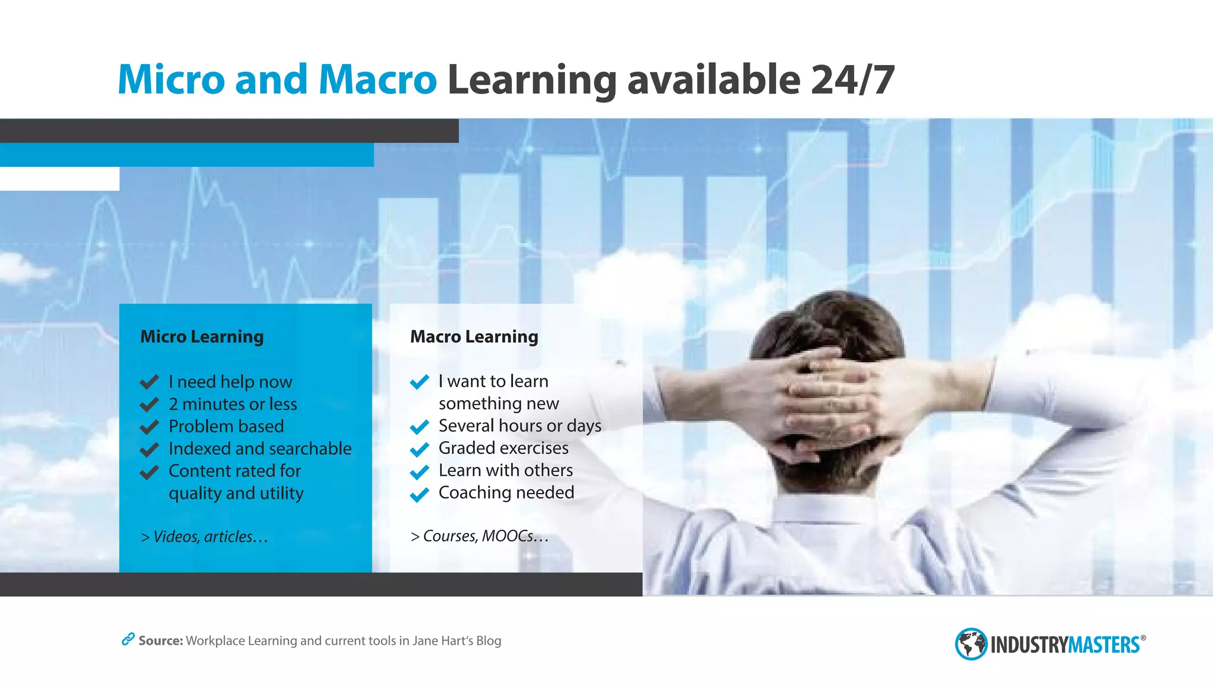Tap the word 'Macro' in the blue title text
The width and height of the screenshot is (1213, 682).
click(377, 80)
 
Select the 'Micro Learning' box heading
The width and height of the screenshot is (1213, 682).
click(202, 336)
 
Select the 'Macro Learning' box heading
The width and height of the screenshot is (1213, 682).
click(474, 336)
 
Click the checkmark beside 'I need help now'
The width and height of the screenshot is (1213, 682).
click(149, 382)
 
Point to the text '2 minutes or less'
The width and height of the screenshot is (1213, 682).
click(233, 404)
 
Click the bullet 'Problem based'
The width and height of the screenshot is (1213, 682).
click(226, 426)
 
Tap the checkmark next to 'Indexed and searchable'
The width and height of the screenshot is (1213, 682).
click(149, 449)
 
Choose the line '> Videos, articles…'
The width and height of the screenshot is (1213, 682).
click(204, 536)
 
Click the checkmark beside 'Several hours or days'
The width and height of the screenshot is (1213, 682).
click(419, 427)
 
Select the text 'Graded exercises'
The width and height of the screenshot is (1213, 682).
click(503, 448)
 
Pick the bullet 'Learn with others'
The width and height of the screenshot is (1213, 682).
click(505, 470)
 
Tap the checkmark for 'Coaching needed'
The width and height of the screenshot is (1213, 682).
click(419, 494)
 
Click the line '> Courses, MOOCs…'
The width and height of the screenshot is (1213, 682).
click(479, 536)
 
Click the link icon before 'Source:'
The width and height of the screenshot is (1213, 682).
click(127, 639)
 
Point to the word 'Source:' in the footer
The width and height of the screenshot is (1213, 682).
click(161, 641)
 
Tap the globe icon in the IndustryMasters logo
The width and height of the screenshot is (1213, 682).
click(971, 644)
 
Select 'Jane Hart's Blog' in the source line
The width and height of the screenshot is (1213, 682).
click(457, 641)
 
